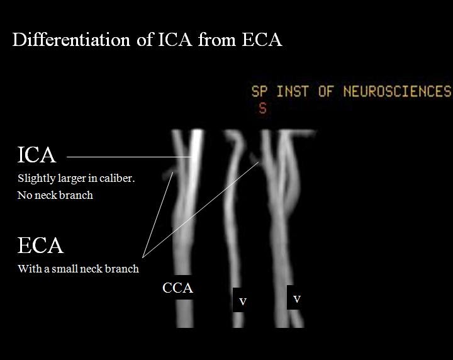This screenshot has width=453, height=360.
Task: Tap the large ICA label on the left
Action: (36, 155)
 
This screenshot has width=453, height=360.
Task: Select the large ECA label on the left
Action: (40, 245)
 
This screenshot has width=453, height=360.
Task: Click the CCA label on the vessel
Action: (177, 289)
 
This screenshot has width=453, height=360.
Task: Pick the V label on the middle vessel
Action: (242, 302)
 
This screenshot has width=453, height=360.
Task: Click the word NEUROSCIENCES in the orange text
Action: (397, 91)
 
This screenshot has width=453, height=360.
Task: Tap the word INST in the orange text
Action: (293, 91)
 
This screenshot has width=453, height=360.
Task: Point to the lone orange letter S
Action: (262, 108)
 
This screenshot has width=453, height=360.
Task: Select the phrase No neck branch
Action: (55, 195)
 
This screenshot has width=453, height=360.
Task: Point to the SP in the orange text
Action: (259, 91)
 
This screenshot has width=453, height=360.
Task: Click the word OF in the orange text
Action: (325, 91)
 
